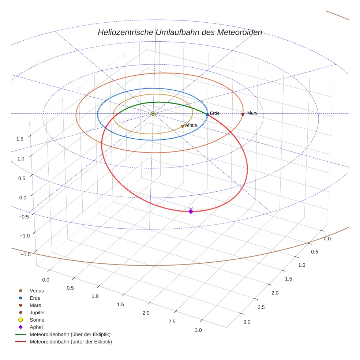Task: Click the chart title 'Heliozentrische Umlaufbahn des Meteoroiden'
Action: point(180,32)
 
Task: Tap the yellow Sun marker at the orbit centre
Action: point(153,114)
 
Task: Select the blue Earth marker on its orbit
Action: point(207,115)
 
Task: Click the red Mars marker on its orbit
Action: point(243,114)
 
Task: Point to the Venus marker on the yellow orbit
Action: point(183,126)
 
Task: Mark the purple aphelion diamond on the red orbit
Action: point(191,211)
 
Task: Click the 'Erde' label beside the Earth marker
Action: point(215,113)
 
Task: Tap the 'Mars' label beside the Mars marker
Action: point(252,113)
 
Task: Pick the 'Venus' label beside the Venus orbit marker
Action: point(191,125)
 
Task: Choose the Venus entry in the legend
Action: point(37,291)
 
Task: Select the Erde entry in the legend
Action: point(35,298)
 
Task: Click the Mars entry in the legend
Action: point(35,305)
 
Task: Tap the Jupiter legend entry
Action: point(37,313)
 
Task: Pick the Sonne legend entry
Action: point(37,320)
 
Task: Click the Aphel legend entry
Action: point(36,327)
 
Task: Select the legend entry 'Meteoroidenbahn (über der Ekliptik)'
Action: point(70,334)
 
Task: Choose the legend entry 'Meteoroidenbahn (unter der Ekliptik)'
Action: point(71,342)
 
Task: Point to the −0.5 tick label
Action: point(23,217)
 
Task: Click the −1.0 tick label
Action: point(23,236)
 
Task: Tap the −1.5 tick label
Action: point(23,255)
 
